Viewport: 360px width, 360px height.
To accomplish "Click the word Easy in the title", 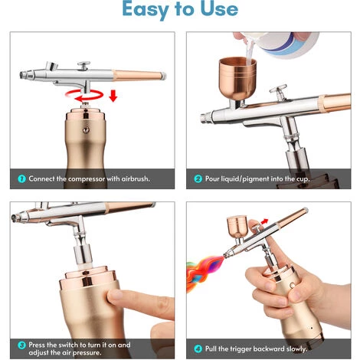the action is [x=146, y=9].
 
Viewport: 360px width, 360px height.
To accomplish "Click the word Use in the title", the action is [x=219, y=8].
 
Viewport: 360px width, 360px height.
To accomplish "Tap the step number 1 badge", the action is [x=21, y=178].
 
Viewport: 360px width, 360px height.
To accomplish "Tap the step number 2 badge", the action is [x=198, y=178].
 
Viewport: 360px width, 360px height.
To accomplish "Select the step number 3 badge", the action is [x=21, y=345].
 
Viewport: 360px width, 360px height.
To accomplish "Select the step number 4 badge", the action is [x=198, y=349].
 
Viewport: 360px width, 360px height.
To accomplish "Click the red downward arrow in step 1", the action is [x=113, y=96].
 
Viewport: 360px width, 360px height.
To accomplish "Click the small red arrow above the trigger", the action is [x=264, y=221].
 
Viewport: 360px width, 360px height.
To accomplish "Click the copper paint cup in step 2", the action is [x=237, y=79].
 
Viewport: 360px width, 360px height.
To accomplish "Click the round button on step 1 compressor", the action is [x=86, y=130].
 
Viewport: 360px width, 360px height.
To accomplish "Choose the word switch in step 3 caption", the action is [x=68, y=345].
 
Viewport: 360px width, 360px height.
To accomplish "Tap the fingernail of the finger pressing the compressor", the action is [x=116, y=296].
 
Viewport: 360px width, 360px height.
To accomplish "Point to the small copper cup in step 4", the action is [x=237, y=227].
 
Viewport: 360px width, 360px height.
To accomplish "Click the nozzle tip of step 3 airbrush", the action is [x=14, y=218].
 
